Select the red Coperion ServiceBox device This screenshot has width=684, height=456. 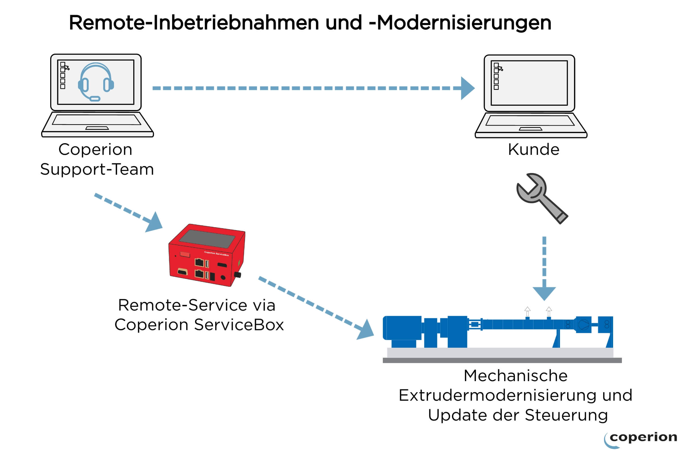coord(207,255)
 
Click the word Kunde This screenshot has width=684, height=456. coord(534,149)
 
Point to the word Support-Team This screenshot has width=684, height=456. coord(97,169)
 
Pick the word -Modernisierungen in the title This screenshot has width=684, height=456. coord(460,23)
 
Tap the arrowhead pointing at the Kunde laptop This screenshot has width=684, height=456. coord(468,88)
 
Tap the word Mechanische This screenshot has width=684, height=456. coord(516,375)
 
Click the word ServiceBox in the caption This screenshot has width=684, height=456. coord(239,324)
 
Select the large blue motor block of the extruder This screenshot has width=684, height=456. coord(402,328)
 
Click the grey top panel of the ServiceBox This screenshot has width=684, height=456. coord(207,239)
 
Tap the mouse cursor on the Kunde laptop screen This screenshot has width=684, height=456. coord(501,69)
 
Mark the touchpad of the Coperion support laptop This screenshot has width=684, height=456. coord(97,128)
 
